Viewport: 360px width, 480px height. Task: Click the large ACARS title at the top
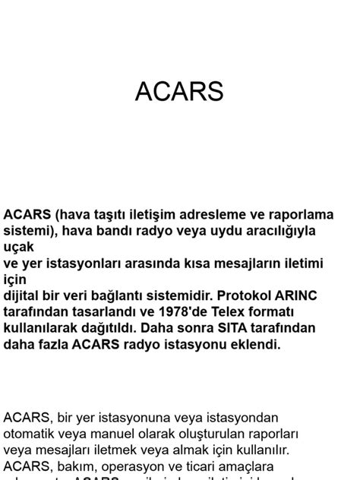click(x=179, y=91)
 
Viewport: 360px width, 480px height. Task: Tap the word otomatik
click(x=33, y=434)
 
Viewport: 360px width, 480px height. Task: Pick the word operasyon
click(x=129, y=466)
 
